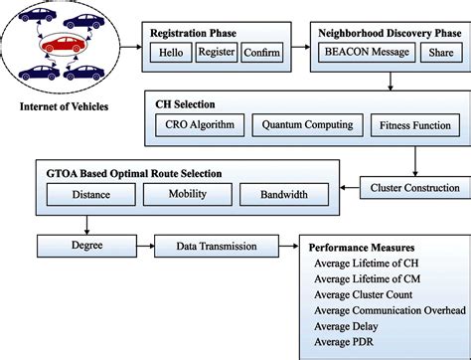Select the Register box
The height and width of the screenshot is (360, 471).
[x=216, y=52]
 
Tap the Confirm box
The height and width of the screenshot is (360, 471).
[x=261, y=52]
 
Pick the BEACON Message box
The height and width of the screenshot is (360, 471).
[x=363, y=52]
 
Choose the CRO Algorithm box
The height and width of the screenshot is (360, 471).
[x=199, y=125]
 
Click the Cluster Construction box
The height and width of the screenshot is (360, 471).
[x=414, y=187]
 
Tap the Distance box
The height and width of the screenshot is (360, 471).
[x=91, y=196]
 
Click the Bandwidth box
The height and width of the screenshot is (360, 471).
[x=283, y=196]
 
